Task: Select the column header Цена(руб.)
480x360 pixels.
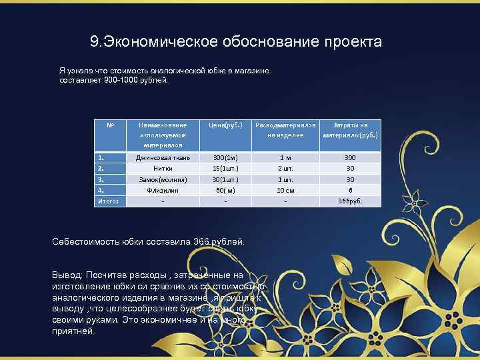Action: point(226,125)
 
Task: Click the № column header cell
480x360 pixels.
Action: point(110,125)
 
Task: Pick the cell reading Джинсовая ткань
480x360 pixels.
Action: point(163,158)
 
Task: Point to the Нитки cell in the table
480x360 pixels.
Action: point(163,169)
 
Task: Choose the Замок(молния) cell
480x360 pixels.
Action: point(163,179)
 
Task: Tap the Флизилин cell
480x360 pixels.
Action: point(163,190)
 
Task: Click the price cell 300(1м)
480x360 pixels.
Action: point(226,158)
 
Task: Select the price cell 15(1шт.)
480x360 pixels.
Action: point(226,169)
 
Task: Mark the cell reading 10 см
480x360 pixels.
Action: point(285,190)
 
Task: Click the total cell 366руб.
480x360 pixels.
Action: point(349,201)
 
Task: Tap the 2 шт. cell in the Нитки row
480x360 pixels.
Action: point(285,169)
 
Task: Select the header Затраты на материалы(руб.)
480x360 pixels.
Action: point(349,129)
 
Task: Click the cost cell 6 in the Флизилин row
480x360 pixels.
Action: point(349,190)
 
